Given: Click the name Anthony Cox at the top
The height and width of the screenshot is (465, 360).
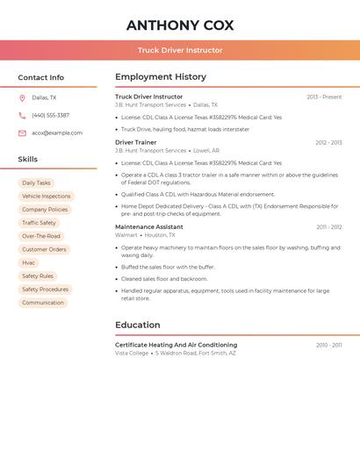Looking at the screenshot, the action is click(x=180, y=25).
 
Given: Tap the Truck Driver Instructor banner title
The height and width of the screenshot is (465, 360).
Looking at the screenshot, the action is click(x=180, y=50).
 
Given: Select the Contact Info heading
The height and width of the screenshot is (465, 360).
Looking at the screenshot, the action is click(x=41, y=77).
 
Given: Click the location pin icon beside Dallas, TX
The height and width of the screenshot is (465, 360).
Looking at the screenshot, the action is click(x=22, y=97).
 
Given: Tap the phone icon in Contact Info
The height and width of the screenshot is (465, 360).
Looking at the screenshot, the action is click(x=22, y=115).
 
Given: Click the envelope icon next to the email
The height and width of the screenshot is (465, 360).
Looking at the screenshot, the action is click(x=22, y=133).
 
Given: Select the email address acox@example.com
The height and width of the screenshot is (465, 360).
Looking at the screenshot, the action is click(x=57, y=133).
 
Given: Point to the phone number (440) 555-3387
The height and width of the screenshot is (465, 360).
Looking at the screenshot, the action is click(x=51, y=115).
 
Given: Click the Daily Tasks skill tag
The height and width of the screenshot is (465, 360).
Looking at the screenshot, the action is click(x=36, y=183).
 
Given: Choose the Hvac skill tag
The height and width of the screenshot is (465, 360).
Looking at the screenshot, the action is click(x=29, y=262).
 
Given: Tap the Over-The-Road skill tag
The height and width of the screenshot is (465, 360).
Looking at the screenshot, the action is click(x=41, y=236).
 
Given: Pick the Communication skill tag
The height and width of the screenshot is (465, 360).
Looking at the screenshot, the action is click(x=43, y=303).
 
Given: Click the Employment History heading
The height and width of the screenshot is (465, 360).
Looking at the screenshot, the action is click(x=161, y=77).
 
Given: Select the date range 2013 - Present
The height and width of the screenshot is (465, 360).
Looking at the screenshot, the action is click(x=324, y=97).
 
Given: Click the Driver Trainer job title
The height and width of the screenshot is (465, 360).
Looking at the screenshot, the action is click(x=136, y=142).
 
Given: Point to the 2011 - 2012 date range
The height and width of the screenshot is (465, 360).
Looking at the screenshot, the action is click(x=329, y=227).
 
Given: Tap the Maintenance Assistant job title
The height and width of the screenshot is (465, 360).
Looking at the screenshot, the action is click(x=149, y=227).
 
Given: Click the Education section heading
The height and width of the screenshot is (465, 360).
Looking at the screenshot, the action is click(x=137, y=325).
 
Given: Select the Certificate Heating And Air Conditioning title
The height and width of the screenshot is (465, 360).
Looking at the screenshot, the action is click(x=176, y=345).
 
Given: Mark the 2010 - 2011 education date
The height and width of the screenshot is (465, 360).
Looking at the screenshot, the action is click(x=329, y=345).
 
